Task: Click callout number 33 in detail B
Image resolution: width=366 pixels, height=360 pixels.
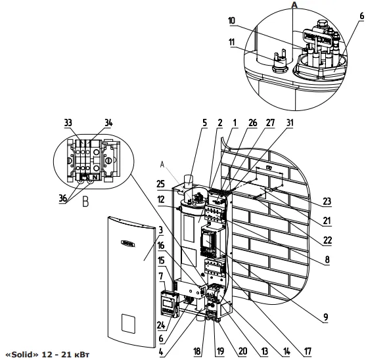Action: pyautogui.click(x=68, y=123)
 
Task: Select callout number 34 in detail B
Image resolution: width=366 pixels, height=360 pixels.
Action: pyautogui.click(x=108, y=123)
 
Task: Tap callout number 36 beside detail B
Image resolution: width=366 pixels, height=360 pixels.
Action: pyautogui.click(x=63, y=198)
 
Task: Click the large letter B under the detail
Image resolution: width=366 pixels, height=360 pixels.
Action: pyautogui.click(x=85, y=202)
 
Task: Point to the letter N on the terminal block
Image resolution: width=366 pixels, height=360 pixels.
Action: pyautogui.click(x=95, y=177)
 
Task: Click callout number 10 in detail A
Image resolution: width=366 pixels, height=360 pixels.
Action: pyautogui.click(x=231, y=21)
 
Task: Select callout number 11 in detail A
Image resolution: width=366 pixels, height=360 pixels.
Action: pyautogui.click(x=231, y=42)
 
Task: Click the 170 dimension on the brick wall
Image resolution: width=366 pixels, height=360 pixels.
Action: pyautogui.click(x=269, y=168)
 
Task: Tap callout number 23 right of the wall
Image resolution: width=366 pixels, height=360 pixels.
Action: pyautogui.click(x=327, y=201)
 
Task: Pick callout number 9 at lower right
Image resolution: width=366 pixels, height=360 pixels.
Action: pyautogui.click(x=326, y=317)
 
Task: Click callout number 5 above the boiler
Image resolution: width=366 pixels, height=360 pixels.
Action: pyautogui.click(x=204, y=123)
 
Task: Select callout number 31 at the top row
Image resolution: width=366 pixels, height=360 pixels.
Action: pyautogui.click(x=290, y=123)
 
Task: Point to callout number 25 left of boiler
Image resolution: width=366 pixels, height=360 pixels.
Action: pyautogui.click(x=160, y=184)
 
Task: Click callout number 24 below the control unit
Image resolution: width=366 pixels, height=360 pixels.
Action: pyautogui.click(x=161, y=325)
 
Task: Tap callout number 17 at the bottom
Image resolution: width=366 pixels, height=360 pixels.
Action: pyautogui.click(x=308, y=351)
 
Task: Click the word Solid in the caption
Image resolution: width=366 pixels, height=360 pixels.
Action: pyautogui.click(x=23, y=355)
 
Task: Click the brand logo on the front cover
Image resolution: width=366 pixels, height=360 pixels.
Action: pyautogui.click(x=127, y=243)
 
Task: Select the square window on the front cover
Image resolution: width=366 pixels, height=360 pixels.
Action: pyautogui.click(x=128, y=323)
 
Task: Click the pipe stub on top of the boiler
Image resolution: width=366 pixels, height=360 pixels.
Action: pyautogui.click(x=189, y=181)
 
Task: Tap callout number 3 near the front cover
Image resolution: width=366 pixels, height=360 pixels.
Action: pyautogui.click(x=160, y=231)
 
